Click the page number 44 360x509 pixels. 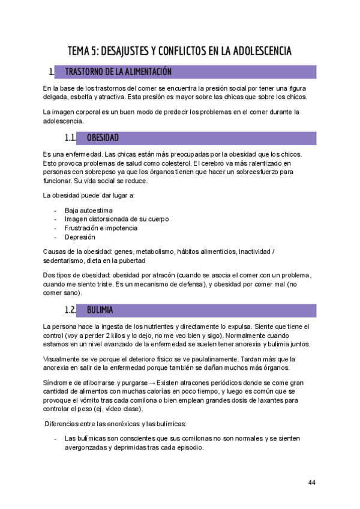point(311,482)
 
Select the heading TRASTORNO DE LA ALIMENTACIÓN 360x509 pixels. point(118,72)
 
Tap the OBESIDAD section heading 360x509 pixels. point(103,138)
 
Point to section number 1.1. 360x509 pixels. point(70,138)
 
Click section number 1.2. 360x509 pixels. point(70,310)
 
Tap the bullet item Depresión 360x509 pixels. point(80,237)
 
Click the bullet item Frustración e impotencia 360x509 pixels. point(101,228)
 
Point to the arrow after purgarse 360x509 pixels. point(151,382)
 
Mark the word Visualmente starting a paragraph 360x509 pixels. point(64,359)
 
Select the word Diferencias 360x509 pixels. point(65,424)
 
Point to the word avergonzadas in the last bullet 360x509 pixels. point(86,448)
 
